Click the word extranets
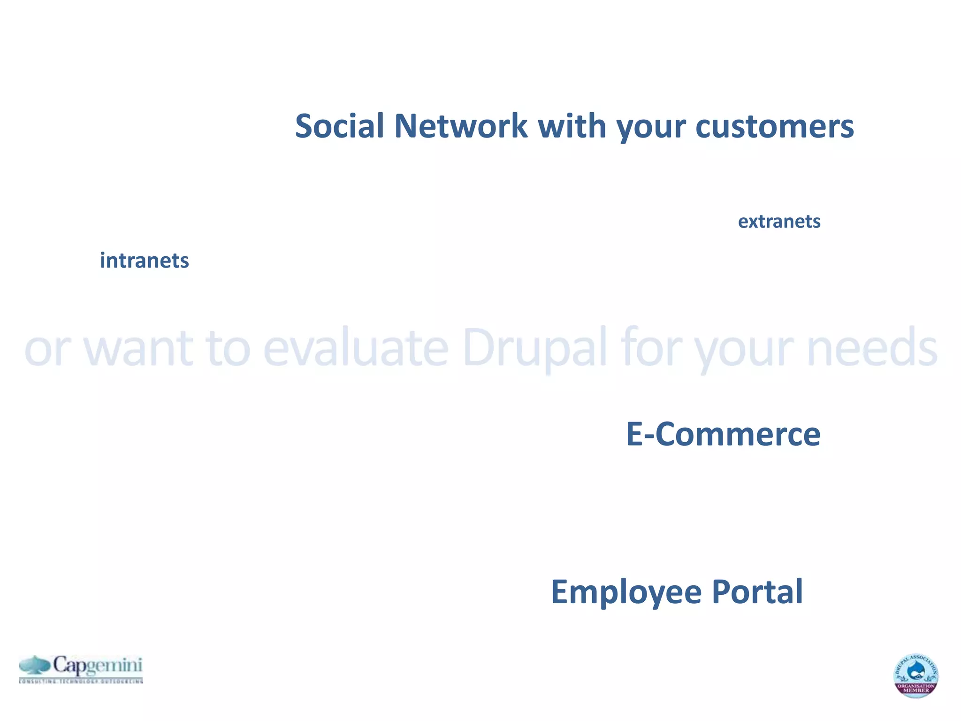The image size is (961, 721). coord(779,222)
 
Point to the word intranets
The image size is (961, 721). coord(144,261)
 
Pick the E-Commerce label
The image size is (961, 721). coord(723,434)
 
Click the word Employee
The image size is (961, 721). coord(626,592)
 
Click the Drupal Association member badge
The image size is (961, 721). coord(915,675)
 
